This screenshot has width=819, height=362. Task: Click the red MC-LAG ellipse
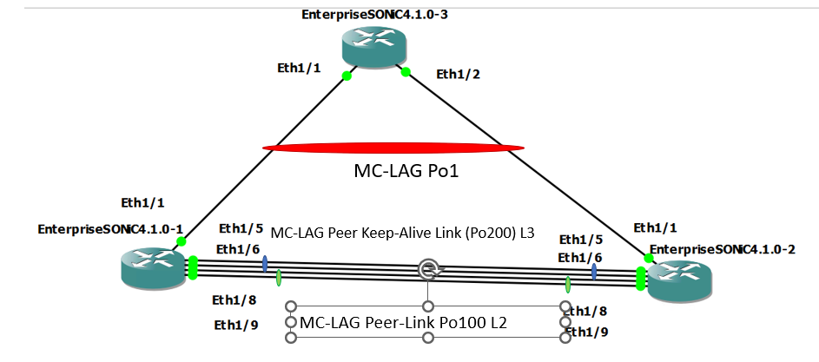[393, 148]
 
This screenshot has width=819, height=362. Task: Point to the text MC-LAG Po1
[406, 171]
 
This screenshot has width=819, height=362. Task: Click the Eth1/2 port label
[458, 74]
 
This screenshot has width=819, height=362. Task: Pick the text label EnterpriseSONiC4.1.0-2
[723, 249]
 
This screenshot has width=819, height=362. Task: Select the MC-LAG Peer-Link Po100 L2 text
[403, 323]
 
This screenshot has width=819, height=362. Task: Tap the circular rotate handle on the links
[427, 269]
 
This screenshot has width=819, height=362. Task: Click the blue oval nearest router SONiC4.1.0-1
[264, 264]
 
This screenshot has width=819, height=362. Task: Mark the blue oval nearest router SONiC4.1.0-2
[594, 272]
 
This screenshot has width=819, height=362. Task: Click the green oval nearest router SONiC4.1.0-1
[279, 278]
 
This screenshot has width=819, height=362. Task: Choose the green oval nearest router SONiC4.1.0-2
[568, 284]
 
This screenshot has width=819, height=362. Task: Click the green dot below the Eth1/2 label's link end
[405, 72]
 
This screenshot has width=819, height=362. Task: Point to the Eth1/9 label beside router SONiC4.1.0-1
[235, 326]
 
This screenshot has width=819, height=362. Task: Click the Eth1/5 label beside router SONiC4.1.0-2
[580, 240]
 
